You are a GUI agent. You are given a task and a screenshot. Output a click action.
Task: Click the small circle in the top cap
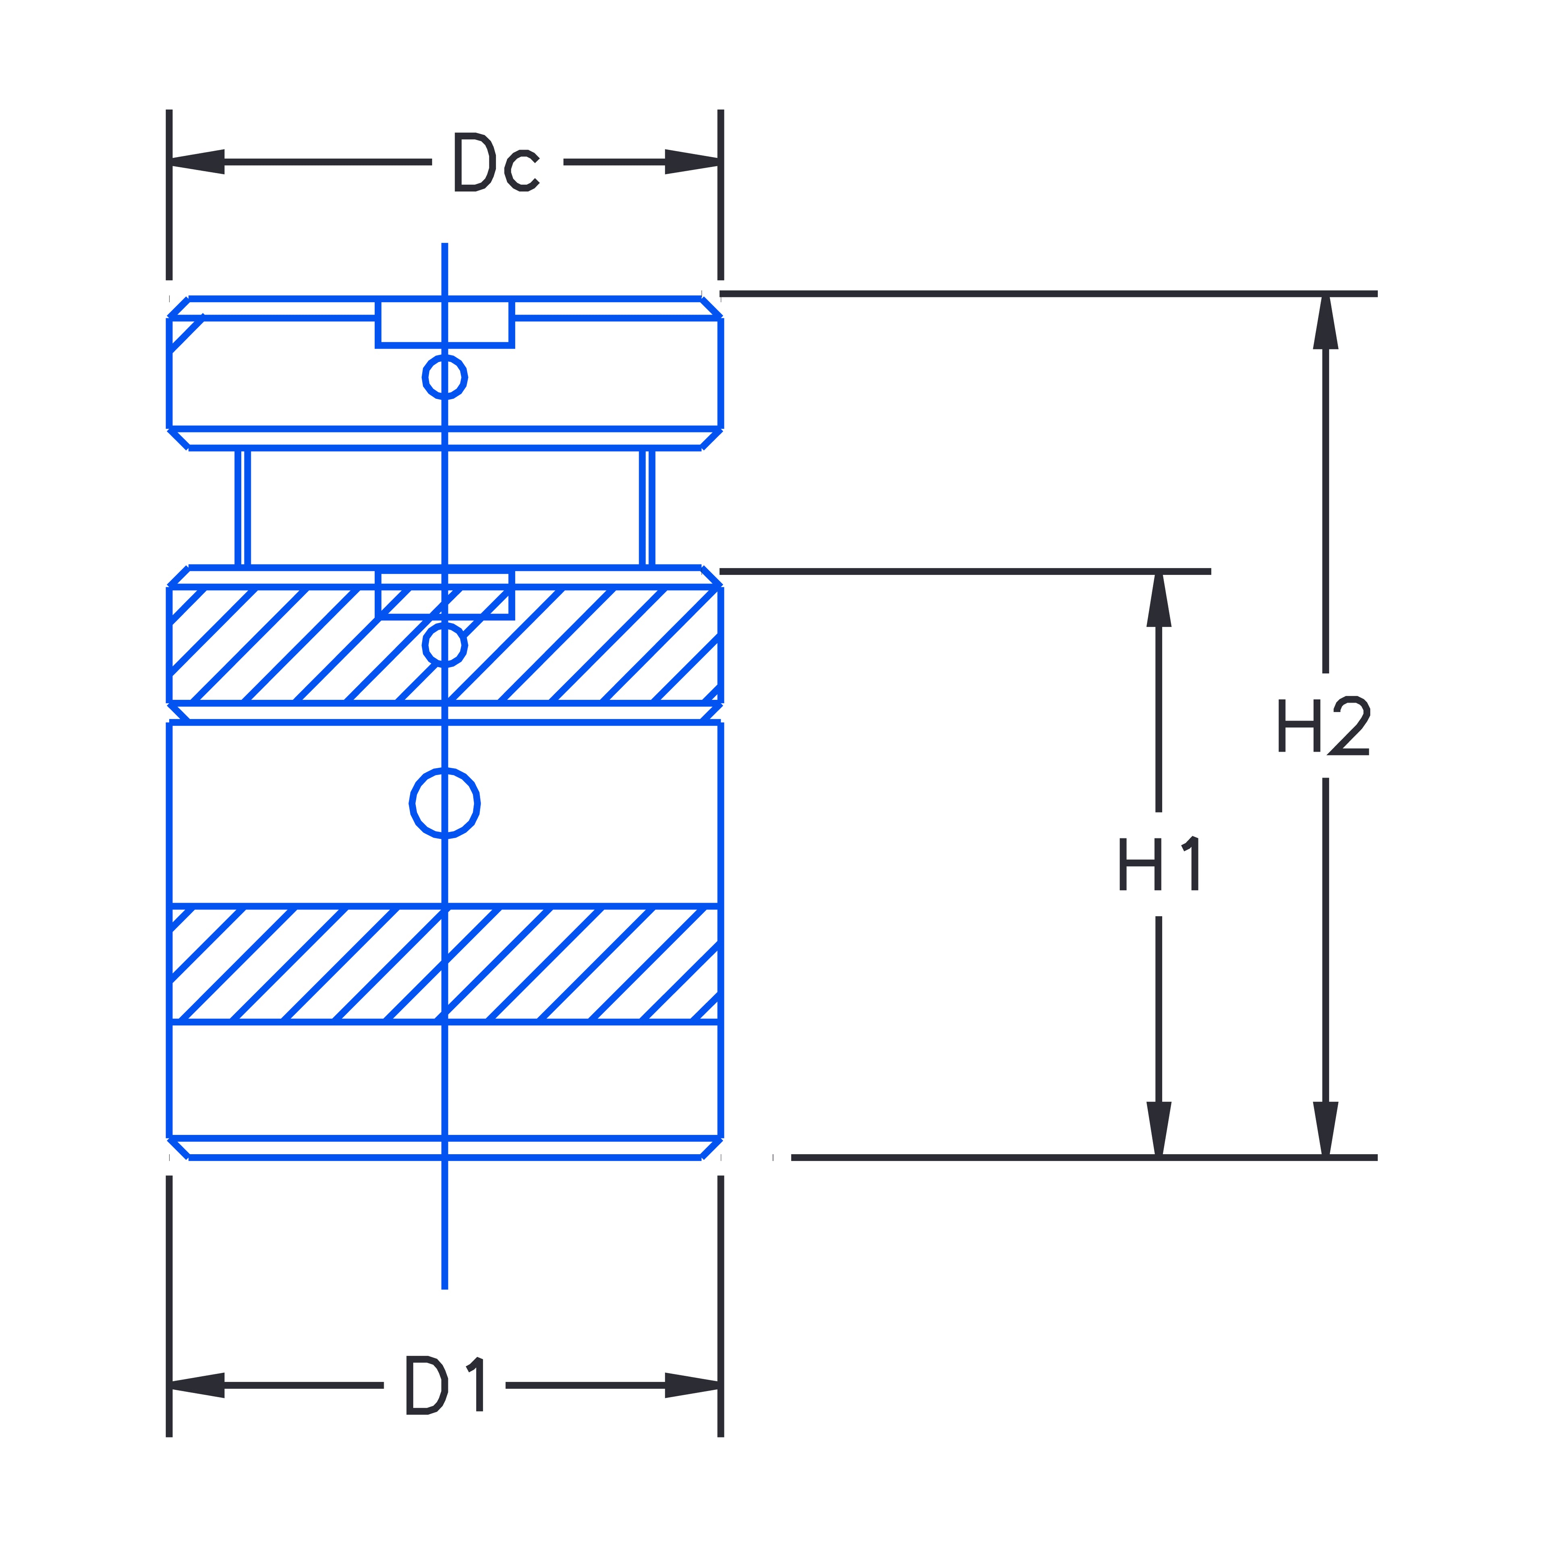tap(444, 376)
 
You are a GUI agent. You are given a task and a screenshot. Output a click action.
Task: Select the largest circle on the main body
tap(444, 803)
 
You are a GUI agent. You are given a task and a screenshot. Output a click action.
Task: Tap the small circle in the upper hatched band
tap(444, 645)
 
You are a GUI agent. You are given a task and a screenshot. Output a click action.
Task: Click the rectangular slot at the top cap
tap(444, 323)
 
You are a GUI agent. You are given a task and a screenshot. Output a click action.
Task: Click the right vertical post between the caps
tap(647, 508)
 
